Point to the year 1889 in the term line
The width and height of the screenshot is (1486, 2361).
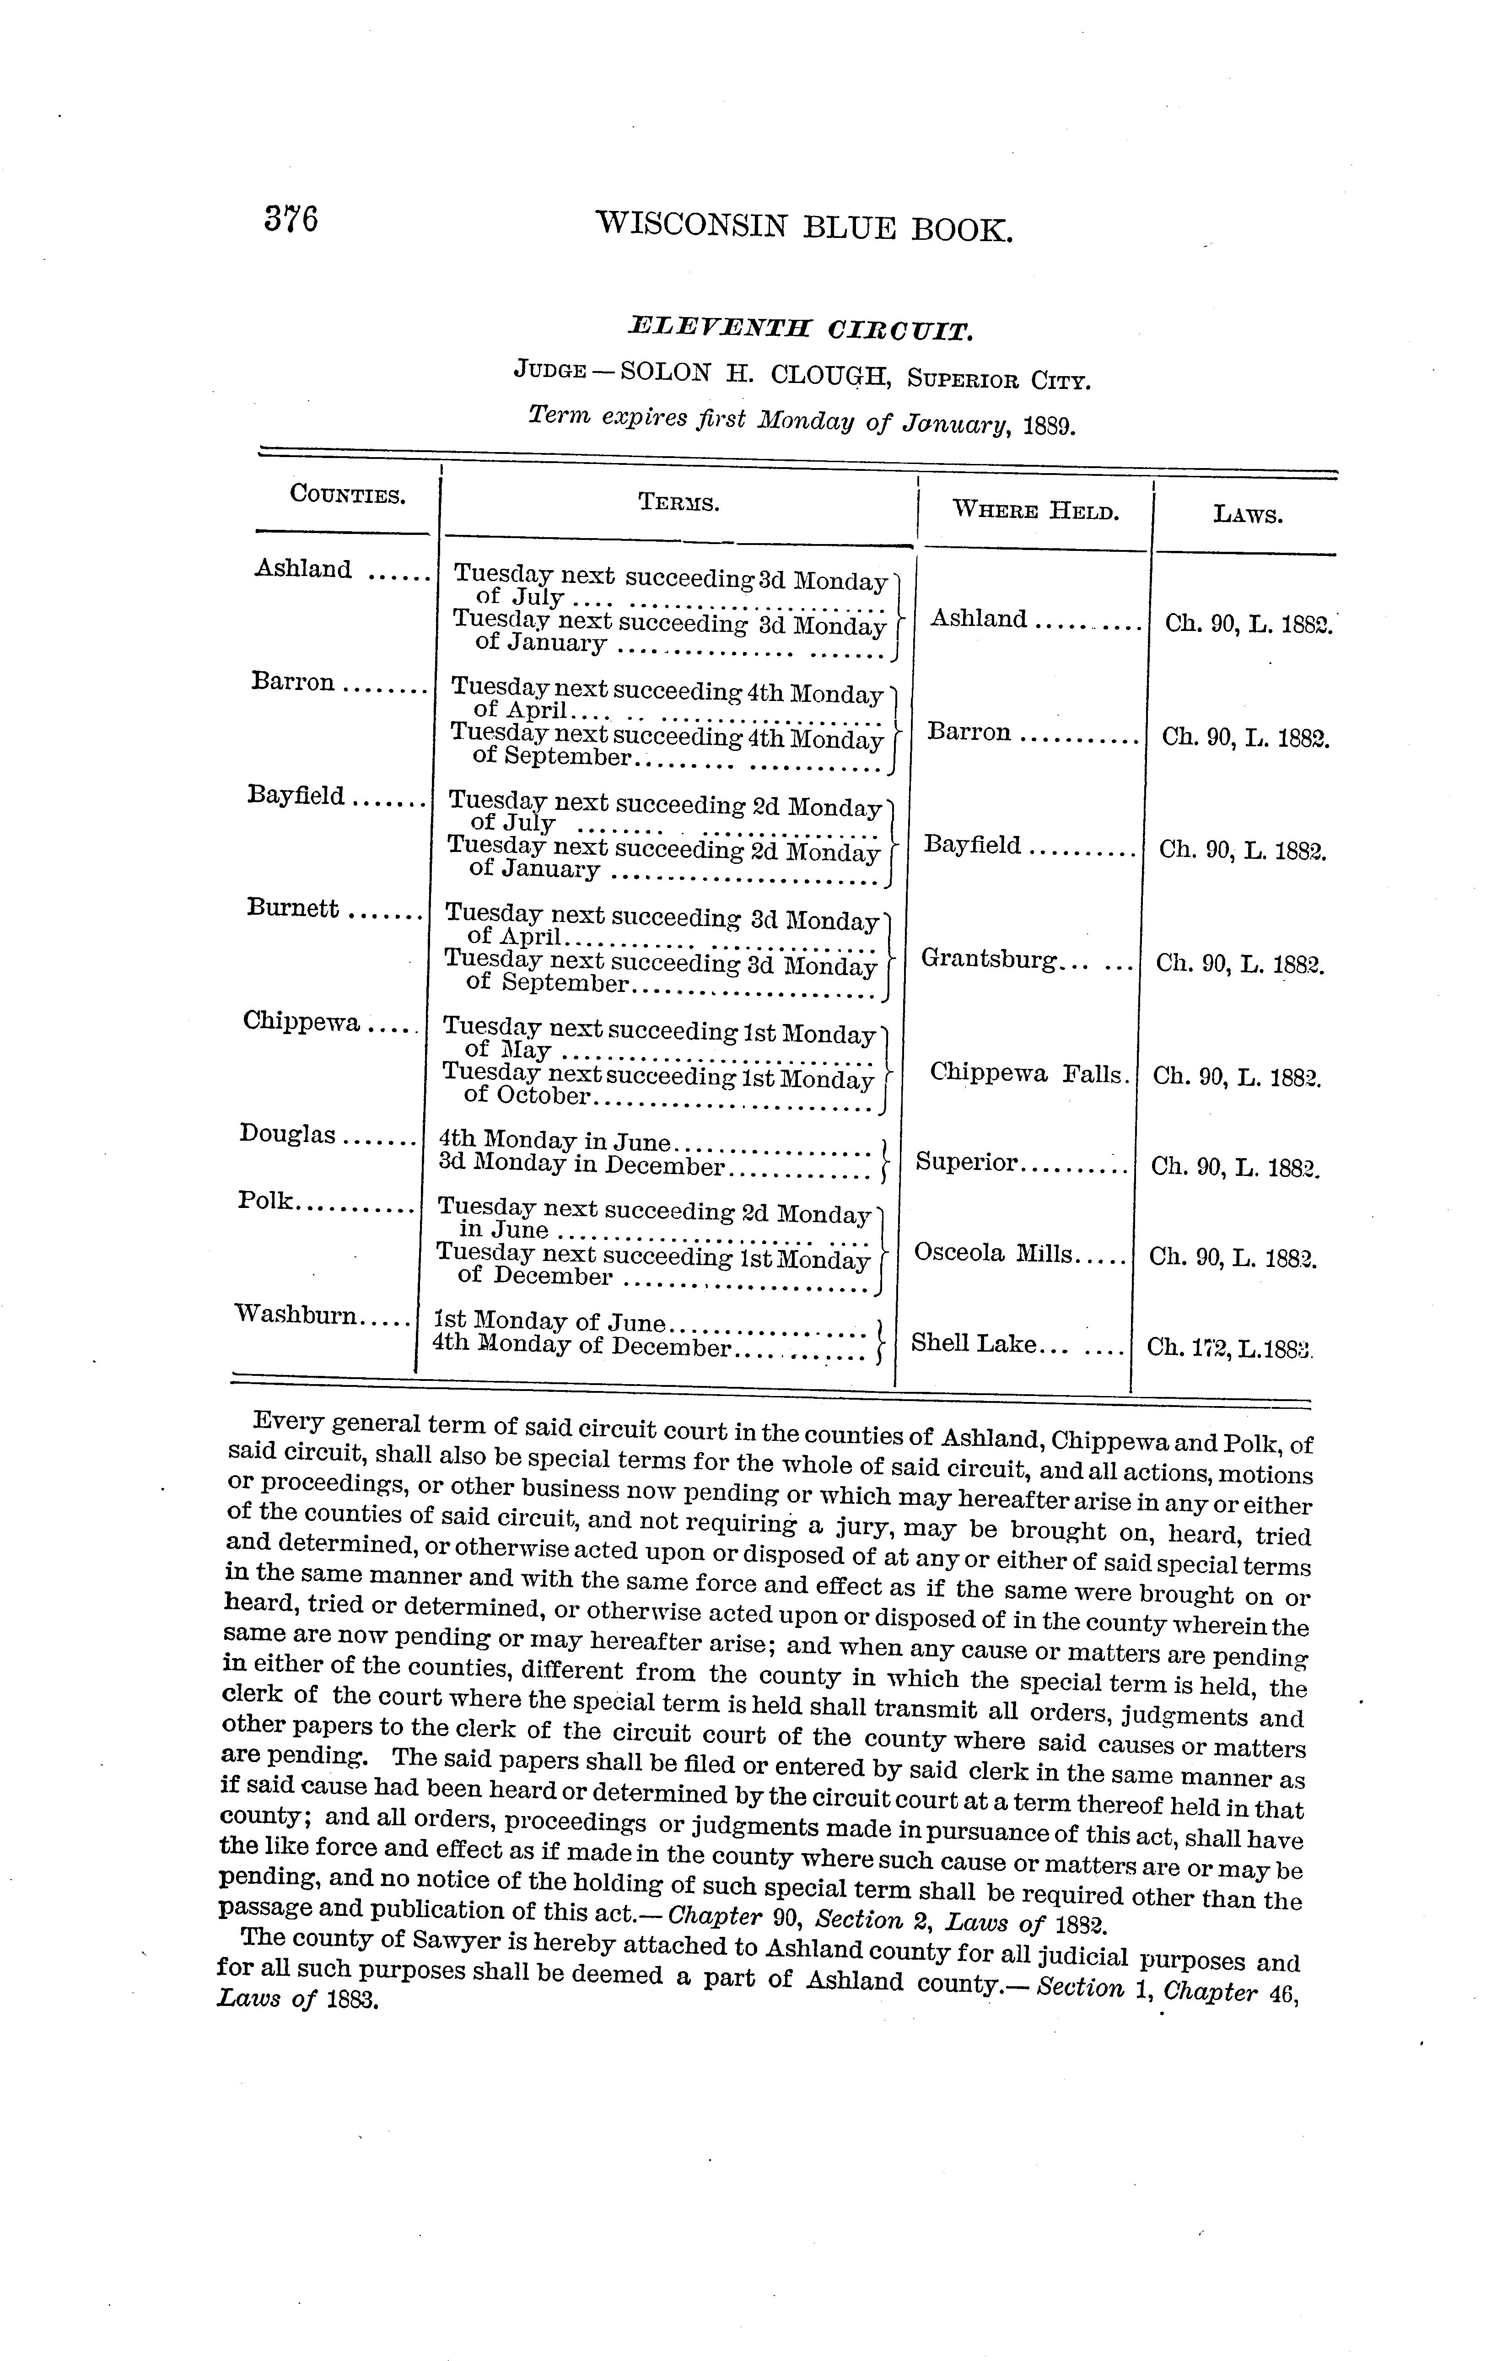pyautogui.click(x=1049, y=426)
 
